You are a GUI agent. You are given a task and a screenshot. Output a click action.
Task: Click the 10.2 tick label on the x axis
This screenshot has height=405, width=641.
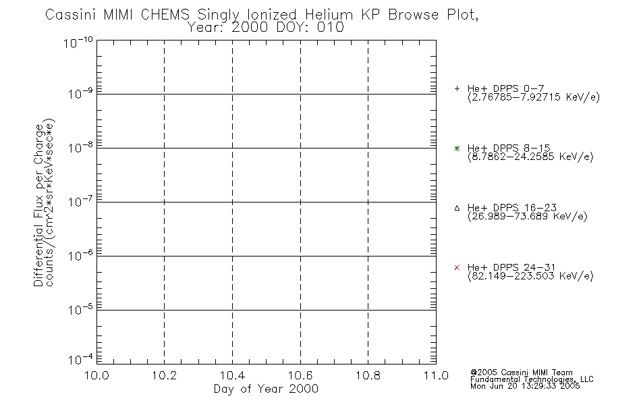pyautogui.click(x=164, y=375)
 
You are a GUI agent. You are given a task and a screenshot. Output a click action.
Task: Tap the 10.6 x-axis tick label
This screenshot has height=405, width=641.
pyautogui.click(x=300, y=375)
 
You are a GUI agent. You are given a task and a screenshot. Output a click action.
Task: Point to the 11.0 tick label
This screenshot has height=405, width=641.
pyautogui.click(x=436, y=375)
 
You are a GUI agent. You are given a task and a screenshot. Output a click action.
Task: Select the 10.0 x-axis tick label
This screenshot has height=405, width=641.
pyautogui.click(x=96, y=375)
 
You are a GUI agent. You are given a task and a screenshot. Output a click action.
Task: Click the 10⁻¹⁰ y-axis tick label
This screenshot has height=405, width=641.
pyautogui.click(x=78, y=42)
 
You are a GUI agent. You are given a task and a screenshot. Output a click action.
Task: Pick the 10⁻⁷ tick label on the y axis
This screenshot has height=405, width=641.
pyautogui.click(x=80, y=201)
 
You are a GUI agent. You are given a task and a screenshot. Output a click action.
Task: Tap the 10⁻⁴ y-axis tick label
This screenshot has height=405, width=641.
pyautogui.click(x=80, y=359)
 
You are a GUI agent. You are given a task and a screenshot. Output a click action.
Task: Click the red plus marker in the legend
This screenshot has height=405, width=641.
pyautogui.click(x=457, y=88)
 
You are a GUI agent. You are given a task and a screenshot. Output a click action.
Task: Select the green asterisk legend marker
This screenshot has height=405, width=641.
pyautogui.click(x=457, y=148)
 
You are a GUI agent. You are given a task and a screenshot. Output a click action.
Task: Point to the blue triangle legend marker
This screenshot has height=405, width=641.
pyautogui.click(x=457, y=208)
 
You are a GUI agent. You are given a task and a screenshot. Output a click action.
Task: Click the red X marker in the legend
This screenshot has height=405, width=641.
pyautogui.click(x=457, y=267)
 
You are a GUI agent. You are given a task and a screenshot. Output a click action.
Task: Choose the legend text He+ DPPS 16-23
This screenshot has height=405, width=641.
pyautogui.click(x=512, y=208)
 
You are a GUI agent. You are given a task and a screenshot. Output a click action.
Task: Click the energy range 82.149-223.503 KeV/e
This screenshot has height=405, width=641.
pyautogui.click(x=530, y=276)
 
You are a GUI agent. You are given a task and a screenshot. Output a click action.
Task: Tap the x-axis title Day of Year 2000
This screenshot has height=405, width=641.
pyautogui.click(x=266, y=389)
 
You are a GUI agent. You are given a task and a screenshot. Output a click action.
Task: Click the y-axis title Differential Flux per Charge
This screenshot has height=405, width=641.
pyautogui.click(x=38, y=205)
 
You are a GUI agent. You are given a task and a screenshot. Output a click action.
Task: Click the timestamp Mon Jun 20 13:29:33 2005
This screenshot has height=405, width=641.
pyautogui.click(x=525, y=386)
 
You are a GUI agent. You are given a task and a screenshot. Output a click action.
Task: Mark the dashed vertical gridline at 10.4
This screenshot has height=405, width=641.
pyautogui.click(x=232, y=202)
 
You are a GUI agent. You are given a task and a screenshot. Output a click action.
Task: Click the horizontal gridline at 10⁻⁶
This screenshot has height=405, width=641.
pyautogui.click(x=267, y=256)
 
